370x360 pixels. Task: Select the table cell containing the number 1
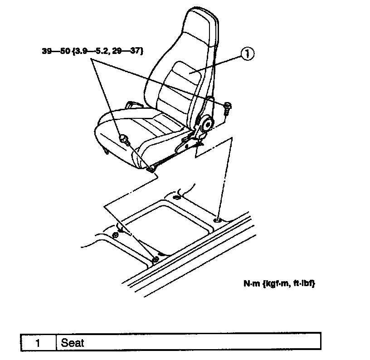tap(38, 342)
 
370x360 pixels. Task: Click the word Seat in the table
tap(73, 342)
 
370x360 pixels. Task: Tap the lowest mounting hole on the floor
tap(155, 259)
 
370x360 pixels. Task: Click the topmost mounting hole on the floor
tap(176, 197)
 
